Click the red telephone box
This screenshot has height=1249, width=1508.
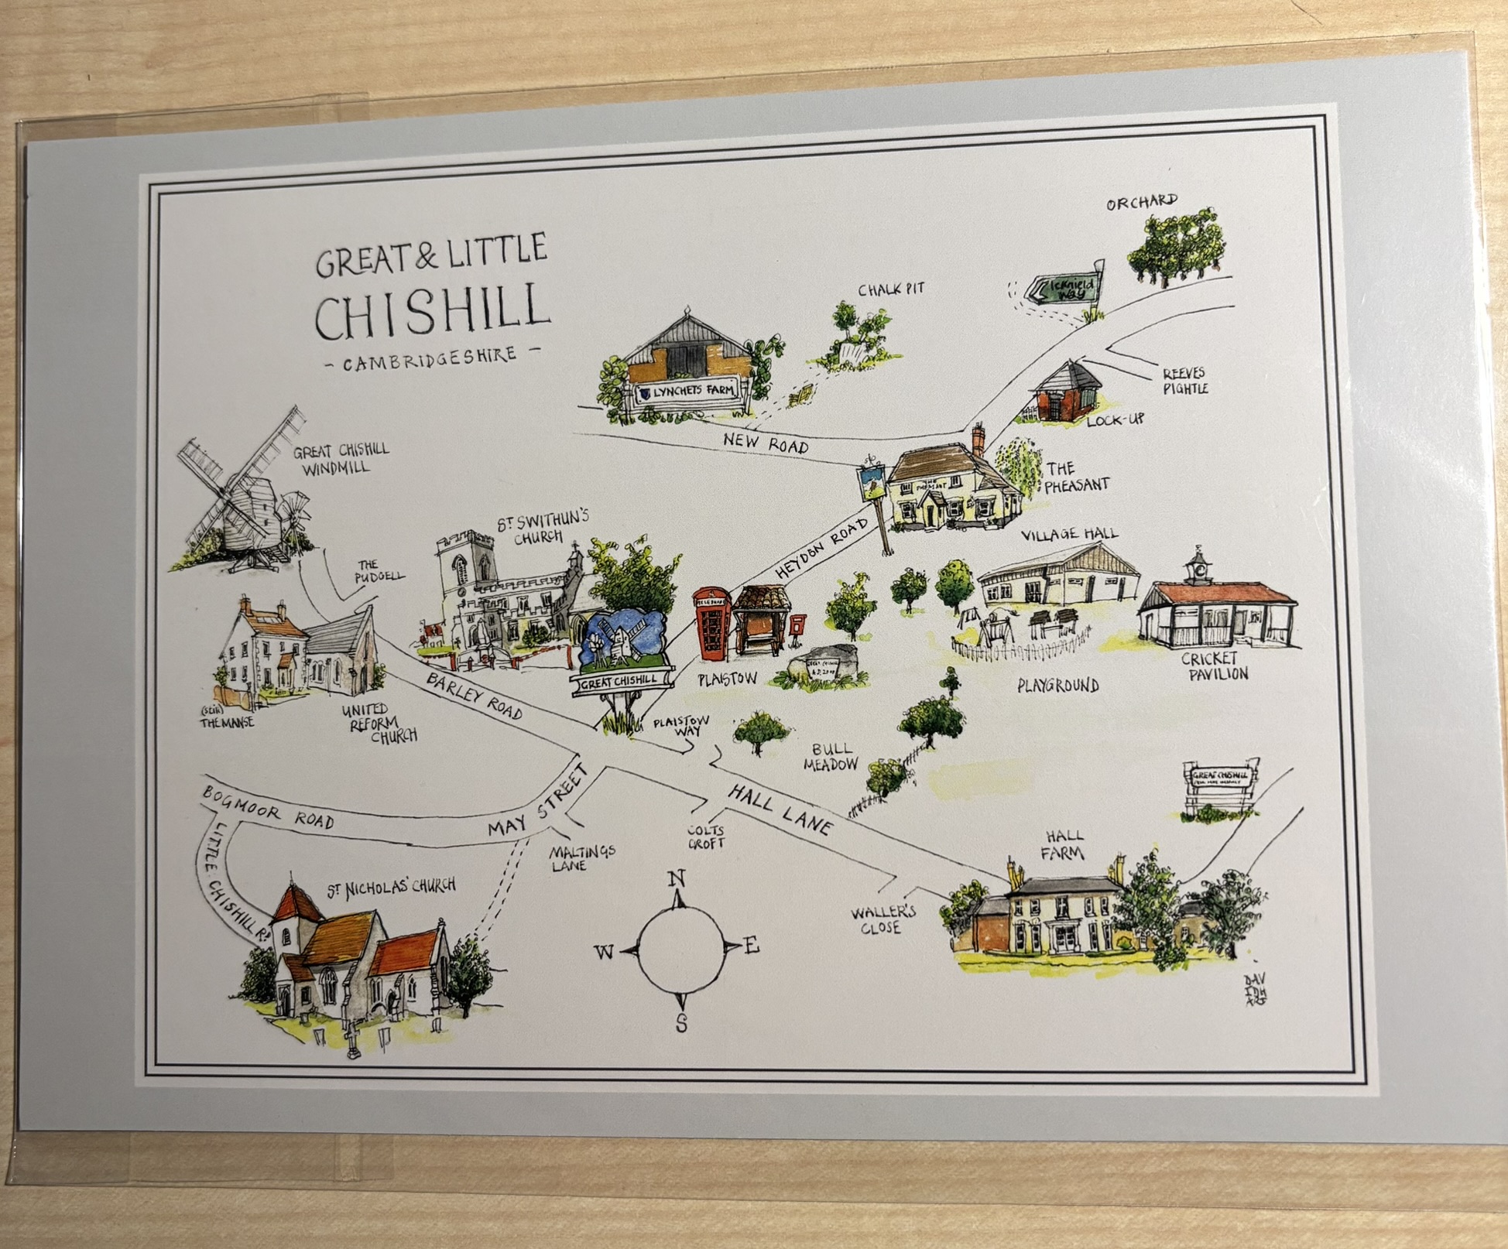coord(711,624)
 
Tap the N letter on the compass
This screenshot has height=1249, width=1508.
coord(676,879)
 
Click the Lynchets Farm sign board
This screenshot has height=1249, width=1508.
coord(684,393)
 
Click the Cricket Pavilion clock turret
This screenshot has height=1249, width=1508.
coord(1199,567)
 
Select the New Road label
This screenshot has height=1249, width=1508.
coord(766,443)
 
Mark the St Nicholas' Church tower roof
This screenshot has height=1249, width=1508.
coord(296,903)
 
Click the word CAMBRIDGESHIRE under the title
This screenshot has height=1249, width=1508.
coord(430,358)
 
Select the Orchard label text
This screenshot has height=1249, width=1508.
coord(1141,203)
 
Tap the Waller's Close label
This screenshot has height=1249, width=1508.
coord(883,919)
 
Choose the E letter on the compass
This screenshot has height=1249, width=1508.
coord(751,946)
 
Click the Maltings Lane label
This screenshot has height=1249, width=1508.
coord(582,857)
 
